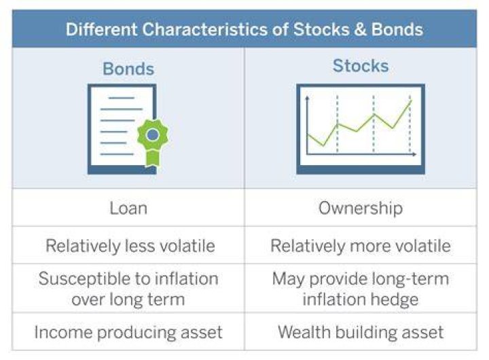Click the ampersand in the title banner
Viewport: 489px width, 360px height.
[359, 30]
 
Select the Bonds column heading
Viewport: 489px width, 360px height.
[128, 69]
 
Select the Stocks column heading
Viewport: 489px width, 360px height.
[361, 66]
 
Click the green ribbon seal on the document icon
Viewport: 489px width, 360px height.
[153, 141]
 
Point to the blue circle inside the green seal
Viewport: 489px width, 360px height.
[153, 134]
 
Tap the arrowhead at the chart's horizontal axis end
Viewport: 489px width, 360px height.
[414, 154]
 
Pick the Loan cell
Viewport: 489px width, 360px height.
[128, 208]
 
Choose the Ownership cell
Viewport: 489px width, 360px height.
[361, 208]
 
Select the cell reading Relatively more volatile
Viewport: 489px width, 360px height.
[361, 245]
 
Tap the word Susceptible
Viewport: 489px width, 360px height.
[82, 279]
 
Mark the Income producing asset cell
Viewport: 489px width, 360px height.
[128, 332]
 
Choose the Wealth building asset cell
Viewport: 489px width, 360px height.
[361, 332]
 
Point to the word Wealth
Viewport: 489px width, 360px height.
[304, 331]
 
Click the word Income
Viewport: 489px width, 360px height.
[63, 331]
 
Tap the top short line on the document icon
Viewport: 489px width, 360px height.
[122, 98]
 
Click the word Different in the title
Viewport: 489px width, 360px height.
[101, 30]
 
